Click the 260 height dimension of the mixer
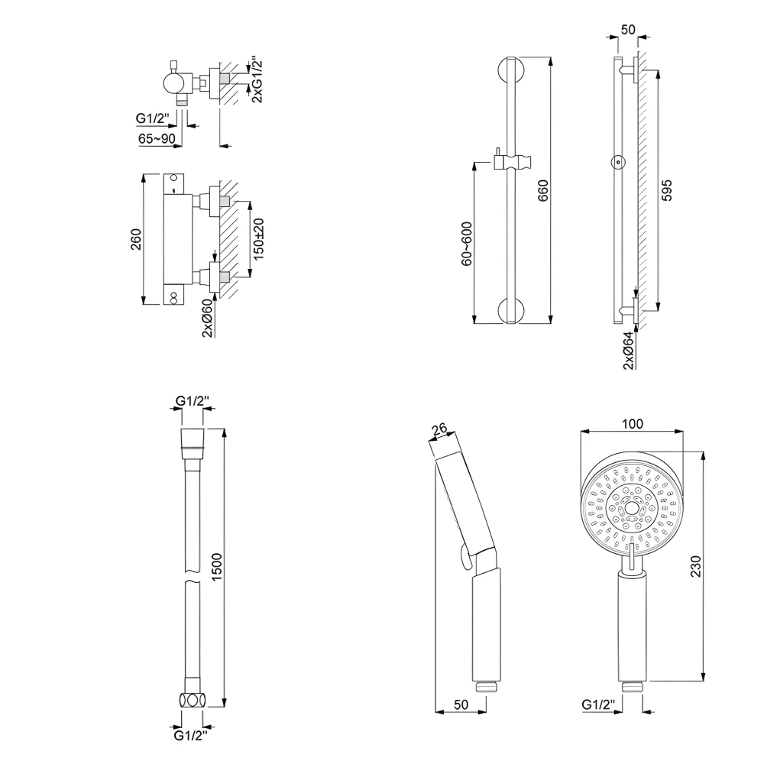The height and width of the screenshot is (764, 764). pos(136,240)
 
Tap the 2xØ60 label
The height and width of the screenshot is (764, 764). pos(208,316)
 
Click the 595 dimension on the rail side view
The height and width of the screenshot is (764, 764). pos(666,189)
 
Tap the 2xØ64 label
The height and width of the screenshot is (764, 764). pos(628,351)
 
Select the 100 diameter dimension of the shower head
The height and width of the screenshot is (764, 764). pos(633,423)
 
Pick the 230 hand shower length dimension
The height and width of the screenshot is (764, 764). pos(694,566)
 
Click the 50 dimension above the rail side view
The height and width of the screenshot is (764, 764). pos(628,30)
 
